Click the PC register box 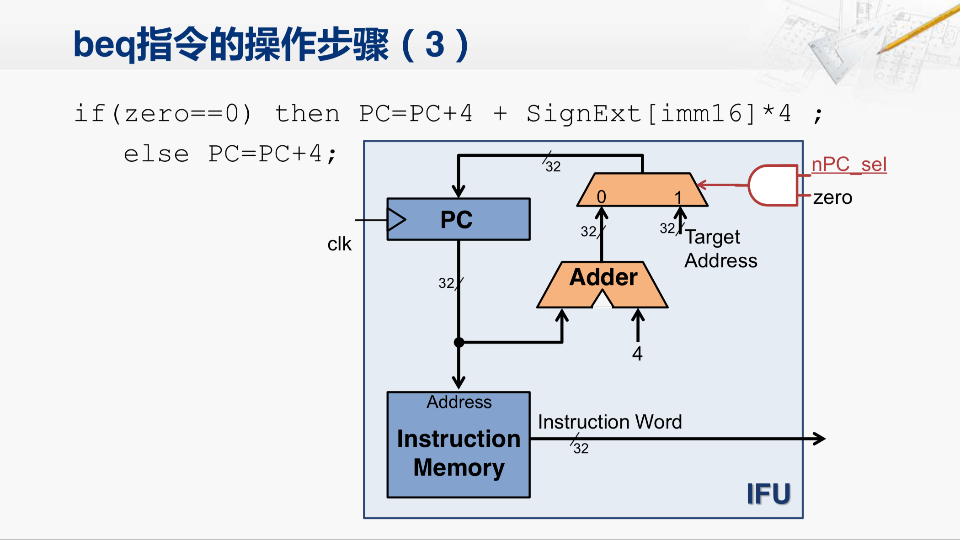(459, 219)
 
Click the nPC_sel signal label (849, 164)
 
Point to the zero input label (832, 197)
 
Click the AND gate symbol (773, 185)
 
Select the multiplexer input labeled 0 (601, 197)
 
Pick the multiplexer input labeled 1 (678, 197)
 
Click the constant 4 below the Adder (637, 354)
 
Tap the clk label (339, 244)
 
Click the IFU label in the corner (768, 494)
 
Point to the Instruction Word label (610, 422)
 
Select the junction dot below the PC (459, 342)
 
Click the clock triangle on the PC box (396, 220)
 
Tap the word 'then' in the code (307, 114)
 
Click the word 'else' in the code (156, 154)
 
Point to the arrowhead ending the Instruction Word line (820, 439)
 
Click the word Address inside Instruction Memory (459, 402)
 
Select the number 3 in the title (435, 45)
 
